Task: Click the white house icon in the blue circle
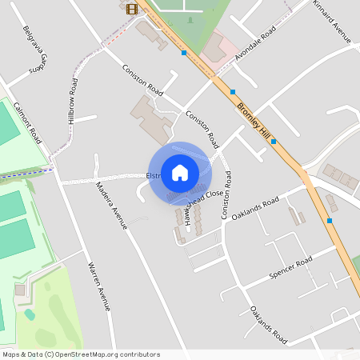tap(180, 172)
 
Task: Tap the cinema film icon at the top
tap(131, 9)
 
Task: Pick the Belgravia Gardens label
tap(37, 58)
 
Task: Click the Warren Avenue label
tap(101, 285)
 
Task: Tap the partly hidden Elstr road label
tap(154, 176)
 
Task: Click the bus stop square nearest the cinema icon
tap(185, 53)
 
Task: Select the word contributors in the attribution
tap(138, 354)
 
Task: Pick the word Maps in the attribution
tap(11, 354)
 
